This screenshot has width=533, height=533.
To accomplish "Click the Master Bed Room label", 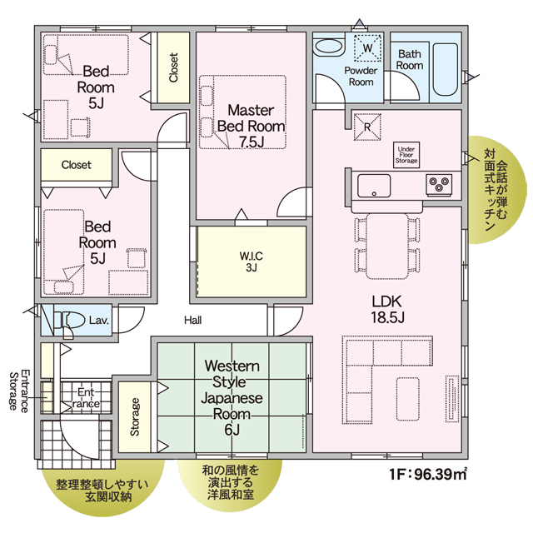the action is point(251,126).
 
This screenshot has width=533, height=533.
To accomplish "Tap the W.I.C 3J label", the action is point(251,262).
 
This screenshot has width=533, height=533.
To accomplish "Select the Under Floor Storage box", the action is point(406,155).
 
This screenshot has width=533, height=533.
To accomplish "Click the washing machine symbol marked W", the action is point(367,48).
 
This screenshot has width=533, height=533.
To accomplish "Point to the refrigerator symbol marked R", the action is point(367,127).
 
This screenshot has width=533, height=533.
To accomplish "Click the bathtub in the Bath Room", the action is point(446,69).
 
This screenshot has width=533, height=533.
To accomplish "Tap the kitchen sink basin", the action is point(374,186).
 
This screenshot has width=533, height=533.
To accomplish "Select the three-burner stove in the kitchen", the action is point(439,185).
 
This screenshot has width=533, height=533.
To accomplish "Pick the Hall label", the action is point(192,320).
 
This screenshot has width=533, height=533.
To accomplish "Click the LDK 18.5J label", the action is point(387,309).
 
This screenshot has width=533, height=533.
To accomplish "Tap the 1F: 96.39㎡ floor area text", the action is point(427,474).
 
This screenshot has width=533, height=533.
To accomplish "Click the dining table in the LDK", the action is point(387,247).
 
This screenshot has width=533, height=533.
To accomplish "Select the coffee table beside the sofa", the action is point(407,399).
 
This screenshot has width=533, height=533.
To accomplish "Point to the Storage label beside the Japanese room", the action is point(135,417).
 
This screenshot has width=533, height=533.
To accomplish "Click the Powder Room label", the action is point(361,76).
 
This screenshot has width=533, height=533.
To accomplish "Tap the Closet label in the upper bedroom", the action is point(173,67).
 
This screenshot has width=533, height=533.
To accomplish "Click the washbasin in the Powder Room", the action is point(328,47).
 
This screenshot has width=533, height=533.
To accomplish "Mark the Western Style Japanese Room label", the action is point(232,398).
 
